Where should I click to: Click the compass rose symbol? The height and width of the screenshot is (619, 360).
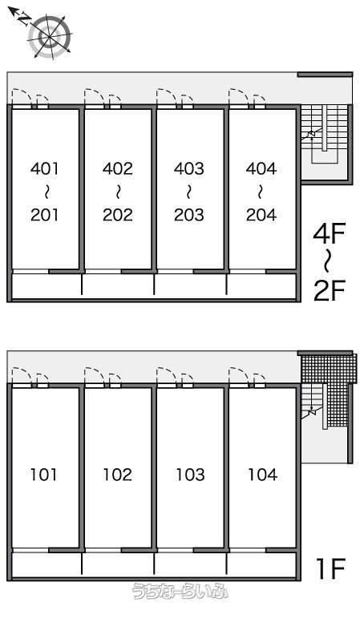[x=50, y=36]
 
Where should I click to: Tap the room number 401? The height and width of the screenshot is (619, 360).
[x=45, y=169]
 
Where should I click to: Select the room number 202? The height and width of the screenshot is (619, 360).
[x=118, y=215]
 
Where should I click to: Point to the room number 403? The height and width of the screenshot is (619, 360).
[x=189, y=169]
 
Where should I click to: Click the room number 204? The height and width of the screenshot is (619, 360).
[x=261, y=215]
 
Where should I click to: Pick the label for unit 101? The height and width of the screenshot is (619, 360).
[x=44, y=474]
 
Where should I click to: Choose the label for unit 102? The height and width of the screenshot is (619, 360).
[x=117, y=474]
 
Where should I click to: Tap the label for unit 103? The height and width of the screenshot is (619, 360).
[x=190, y=474]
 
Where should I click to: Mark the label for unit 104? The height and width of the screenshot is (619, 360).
[x=262, y=474]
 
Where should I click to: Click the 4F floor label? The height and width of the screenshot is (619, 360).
[x=330, y=235]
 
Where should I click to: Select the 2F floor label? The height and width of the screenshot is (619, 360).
[x=330, y=290]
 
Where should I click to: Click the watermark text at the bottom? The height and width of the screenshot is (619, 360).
[x=180, y=591]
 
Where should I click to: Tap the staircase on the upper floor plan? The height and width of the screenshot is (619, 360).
[x=324, y=134]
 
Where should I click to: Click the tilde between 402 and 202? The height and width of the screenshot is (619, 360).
[x=118, y=192]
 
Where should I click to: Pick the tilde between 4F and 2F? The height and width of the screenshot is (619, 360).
[x=328, y=263]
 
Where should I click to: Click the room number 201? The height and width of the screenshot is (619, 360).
[x=45, y=215]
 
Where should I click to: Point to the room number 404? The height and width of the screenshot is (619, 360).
[x=261, y=169]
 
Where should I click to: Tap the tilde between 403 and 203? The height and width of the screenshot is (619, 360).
[x=189, y=192]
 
